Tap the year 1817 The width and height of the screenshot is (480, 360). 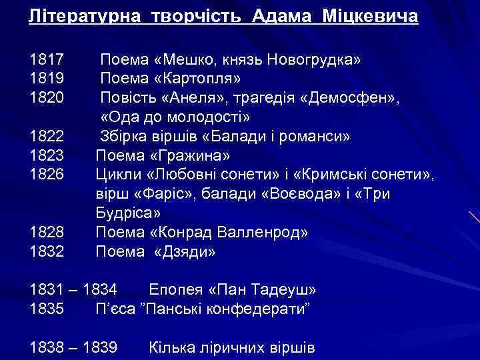point(46,60)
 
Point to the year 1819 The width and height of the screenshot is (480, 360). point(46,79)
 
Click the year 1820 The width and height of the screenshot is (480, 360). point(46,99)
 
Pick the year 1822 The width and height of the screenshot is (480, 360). point(46,137)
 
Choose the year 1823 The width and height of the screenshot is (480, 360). point(46,156)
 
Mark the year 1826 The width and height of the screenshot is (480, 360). point(46,175)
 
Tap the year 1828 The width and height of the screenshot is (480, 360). point(46,233)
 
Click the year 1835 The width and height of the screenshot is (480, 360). point(46,309)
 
